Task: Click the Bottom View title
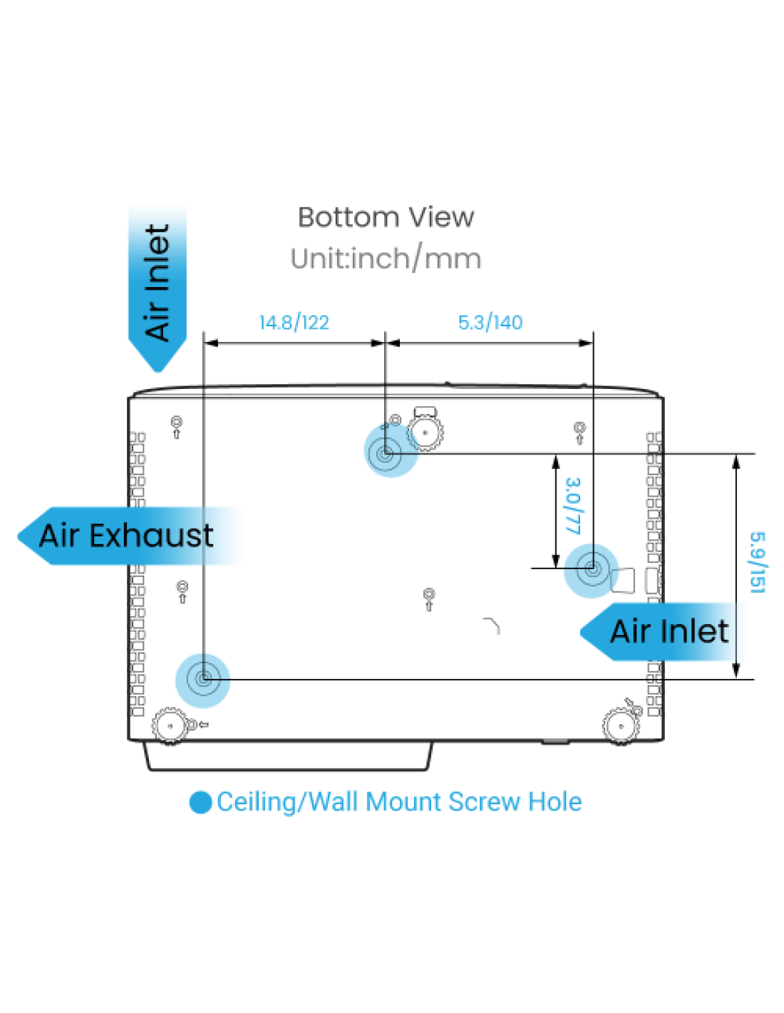[386, 217]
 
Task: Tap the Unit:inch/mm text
[386, 259]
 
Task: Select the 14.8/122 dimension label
[294, 323]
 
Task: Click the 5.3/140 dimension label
[490, 323]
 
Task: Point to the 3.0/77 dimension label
[573, 505]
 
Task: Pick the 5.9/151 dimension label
[758, 563]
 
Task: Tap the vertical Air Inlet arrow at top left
[158, 288]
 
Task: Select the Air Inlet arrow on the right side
[662, 632]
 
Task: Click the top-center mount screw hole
[386, 452]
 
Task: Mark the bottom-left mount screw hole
[203, 680]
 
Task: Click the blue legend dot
[200, 802]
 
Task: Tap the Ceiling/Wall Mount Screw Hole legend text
[399, 802]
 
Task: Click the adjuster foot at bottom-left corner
[170, 726]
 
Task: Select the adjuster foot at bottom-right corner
[620, 726]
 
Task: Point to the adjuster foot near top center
[425, 432]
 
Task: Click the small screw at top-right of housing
[579, 432]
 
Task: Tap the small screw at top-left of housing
[177, 427]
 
